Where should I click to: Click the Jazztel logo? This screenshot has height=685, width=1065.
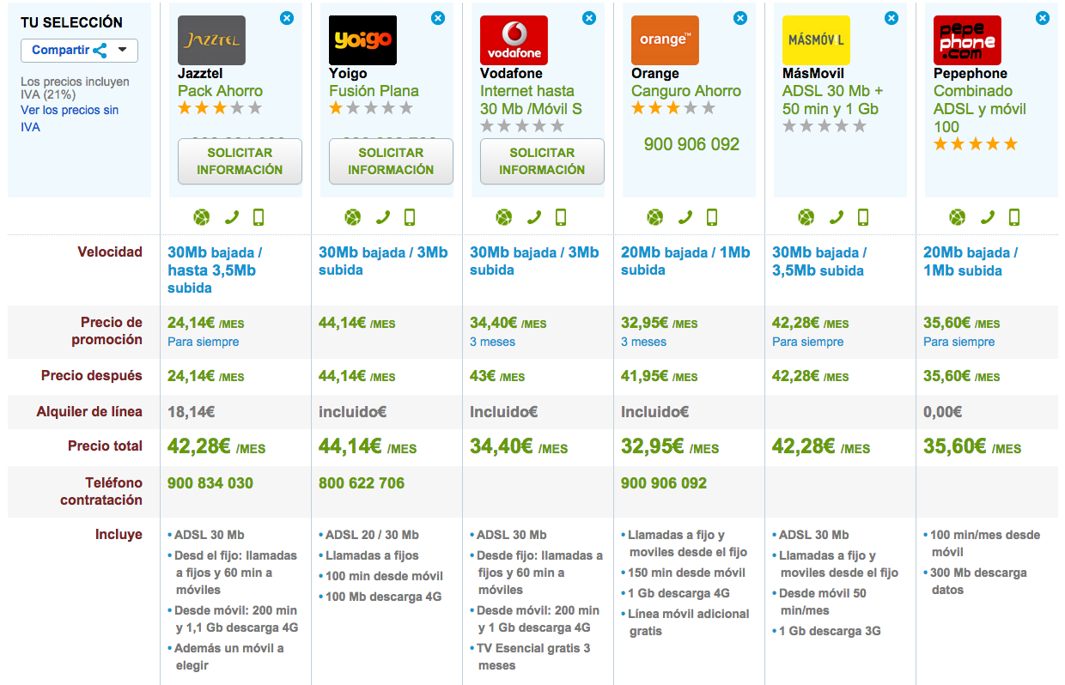(x=211, y=40)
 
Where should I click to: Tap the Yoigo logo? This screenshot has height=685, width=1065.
(x=362, y=40)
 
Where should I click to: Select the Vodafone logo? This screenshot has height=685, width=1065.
(x=514, y=40)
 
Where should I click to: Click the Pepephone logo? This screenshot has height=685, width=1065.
(x=967, y=40)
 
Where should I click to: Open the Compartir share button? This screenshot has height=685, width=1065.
(x=79, y=50)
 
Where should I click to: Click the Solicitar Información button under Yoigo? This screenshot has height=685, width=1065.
(x=391, y=161)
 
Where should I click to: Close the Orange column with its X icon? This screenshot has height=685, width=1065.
(x=740, y=17)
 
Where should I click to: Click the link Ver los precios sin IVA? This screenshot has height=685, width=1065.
(x=69, y=118)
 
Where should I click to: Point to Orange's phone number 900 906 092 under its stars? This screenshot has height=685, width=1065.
(x=691, y=144)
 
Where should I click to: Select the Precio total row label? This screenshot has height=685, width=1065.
(x=105, y=446)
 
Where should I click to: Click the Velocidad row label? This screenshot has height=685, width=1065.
(x=110, y=252)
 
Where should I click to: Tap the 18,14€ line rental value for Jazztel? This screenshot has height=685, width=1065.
(x=191, y=412)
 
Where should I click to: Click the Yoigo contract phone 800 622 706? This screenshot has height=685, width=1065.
(x=362, y=483)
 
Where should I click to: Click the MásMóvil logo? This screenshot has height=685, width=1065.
(x=816, y=40)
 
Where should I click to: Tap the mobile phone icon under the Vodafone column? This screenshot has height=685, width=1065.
(x=561, y=217)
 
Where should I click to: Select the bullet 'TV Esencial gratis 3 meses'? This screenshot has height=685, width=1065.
(x=533, y=657)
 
